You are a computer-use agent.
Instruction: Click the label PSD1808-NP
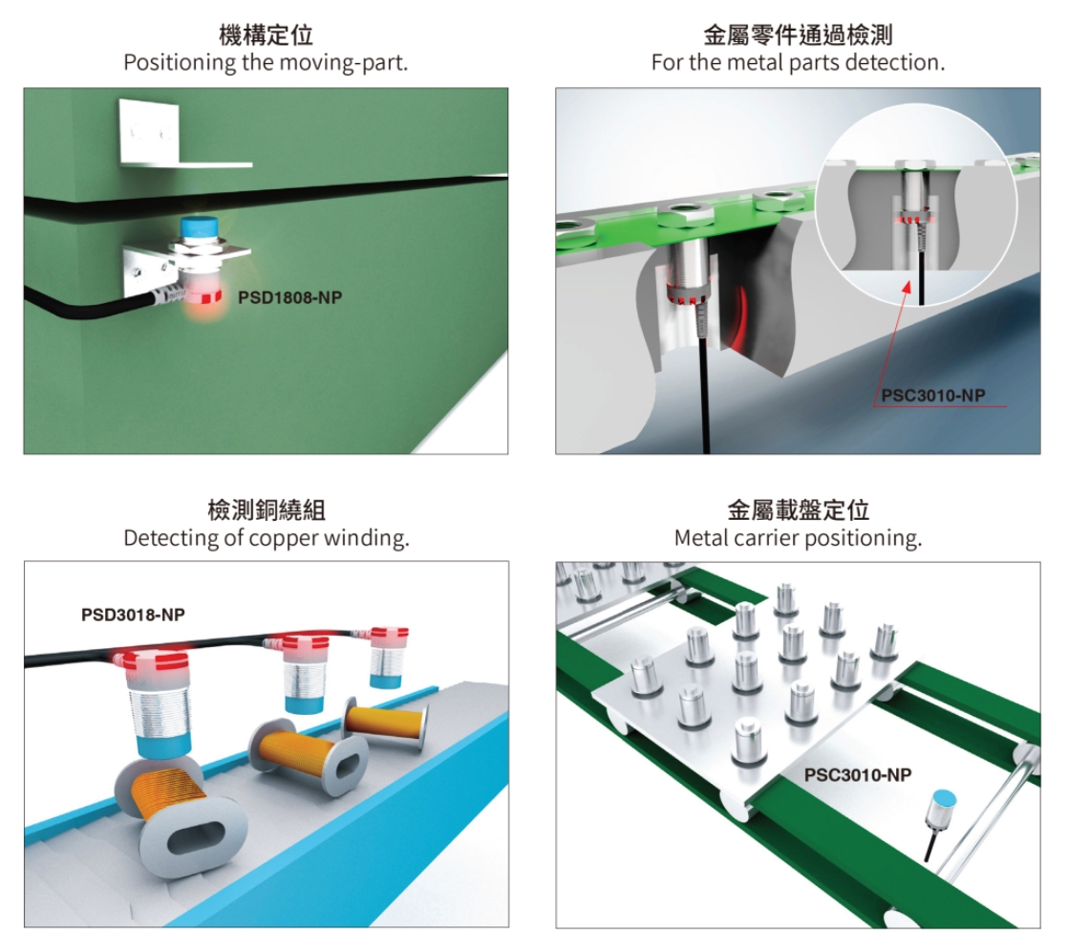[x=288, y=297]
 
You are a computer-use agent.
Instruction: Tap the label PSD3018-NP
[x=133, y=615]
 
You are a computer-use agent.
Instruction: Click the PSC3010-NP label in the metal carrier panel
[x=857, y=775]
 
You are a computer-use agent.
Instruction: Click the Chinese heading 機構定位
[x=266, y=37]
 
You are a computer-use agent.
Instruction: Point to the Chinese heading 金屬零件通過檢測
[x=797, y=37]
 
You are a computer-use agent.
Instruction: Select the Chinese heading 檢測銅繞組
[x=266, y=510]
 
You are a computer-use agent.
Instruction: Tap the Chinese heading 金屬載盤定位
[x=798, y=510]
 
